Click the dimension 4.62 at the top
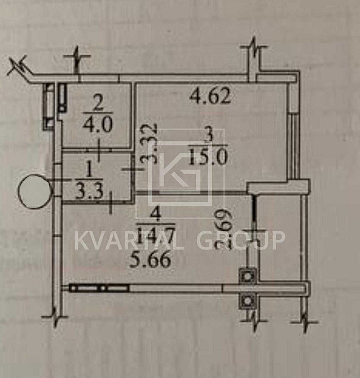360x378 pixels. point(210,97)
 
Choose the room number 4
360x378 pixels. point(148,213)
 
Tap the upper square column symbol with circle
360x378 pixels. point(248,275)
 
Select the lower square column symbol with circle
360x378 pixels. point(248,300)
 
